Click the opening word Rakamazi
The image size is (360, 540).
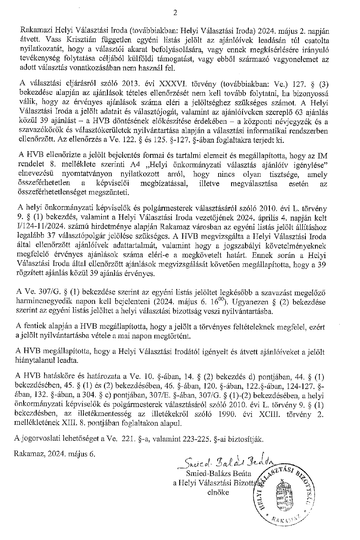pyautogui.click(x=33, y=30)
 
